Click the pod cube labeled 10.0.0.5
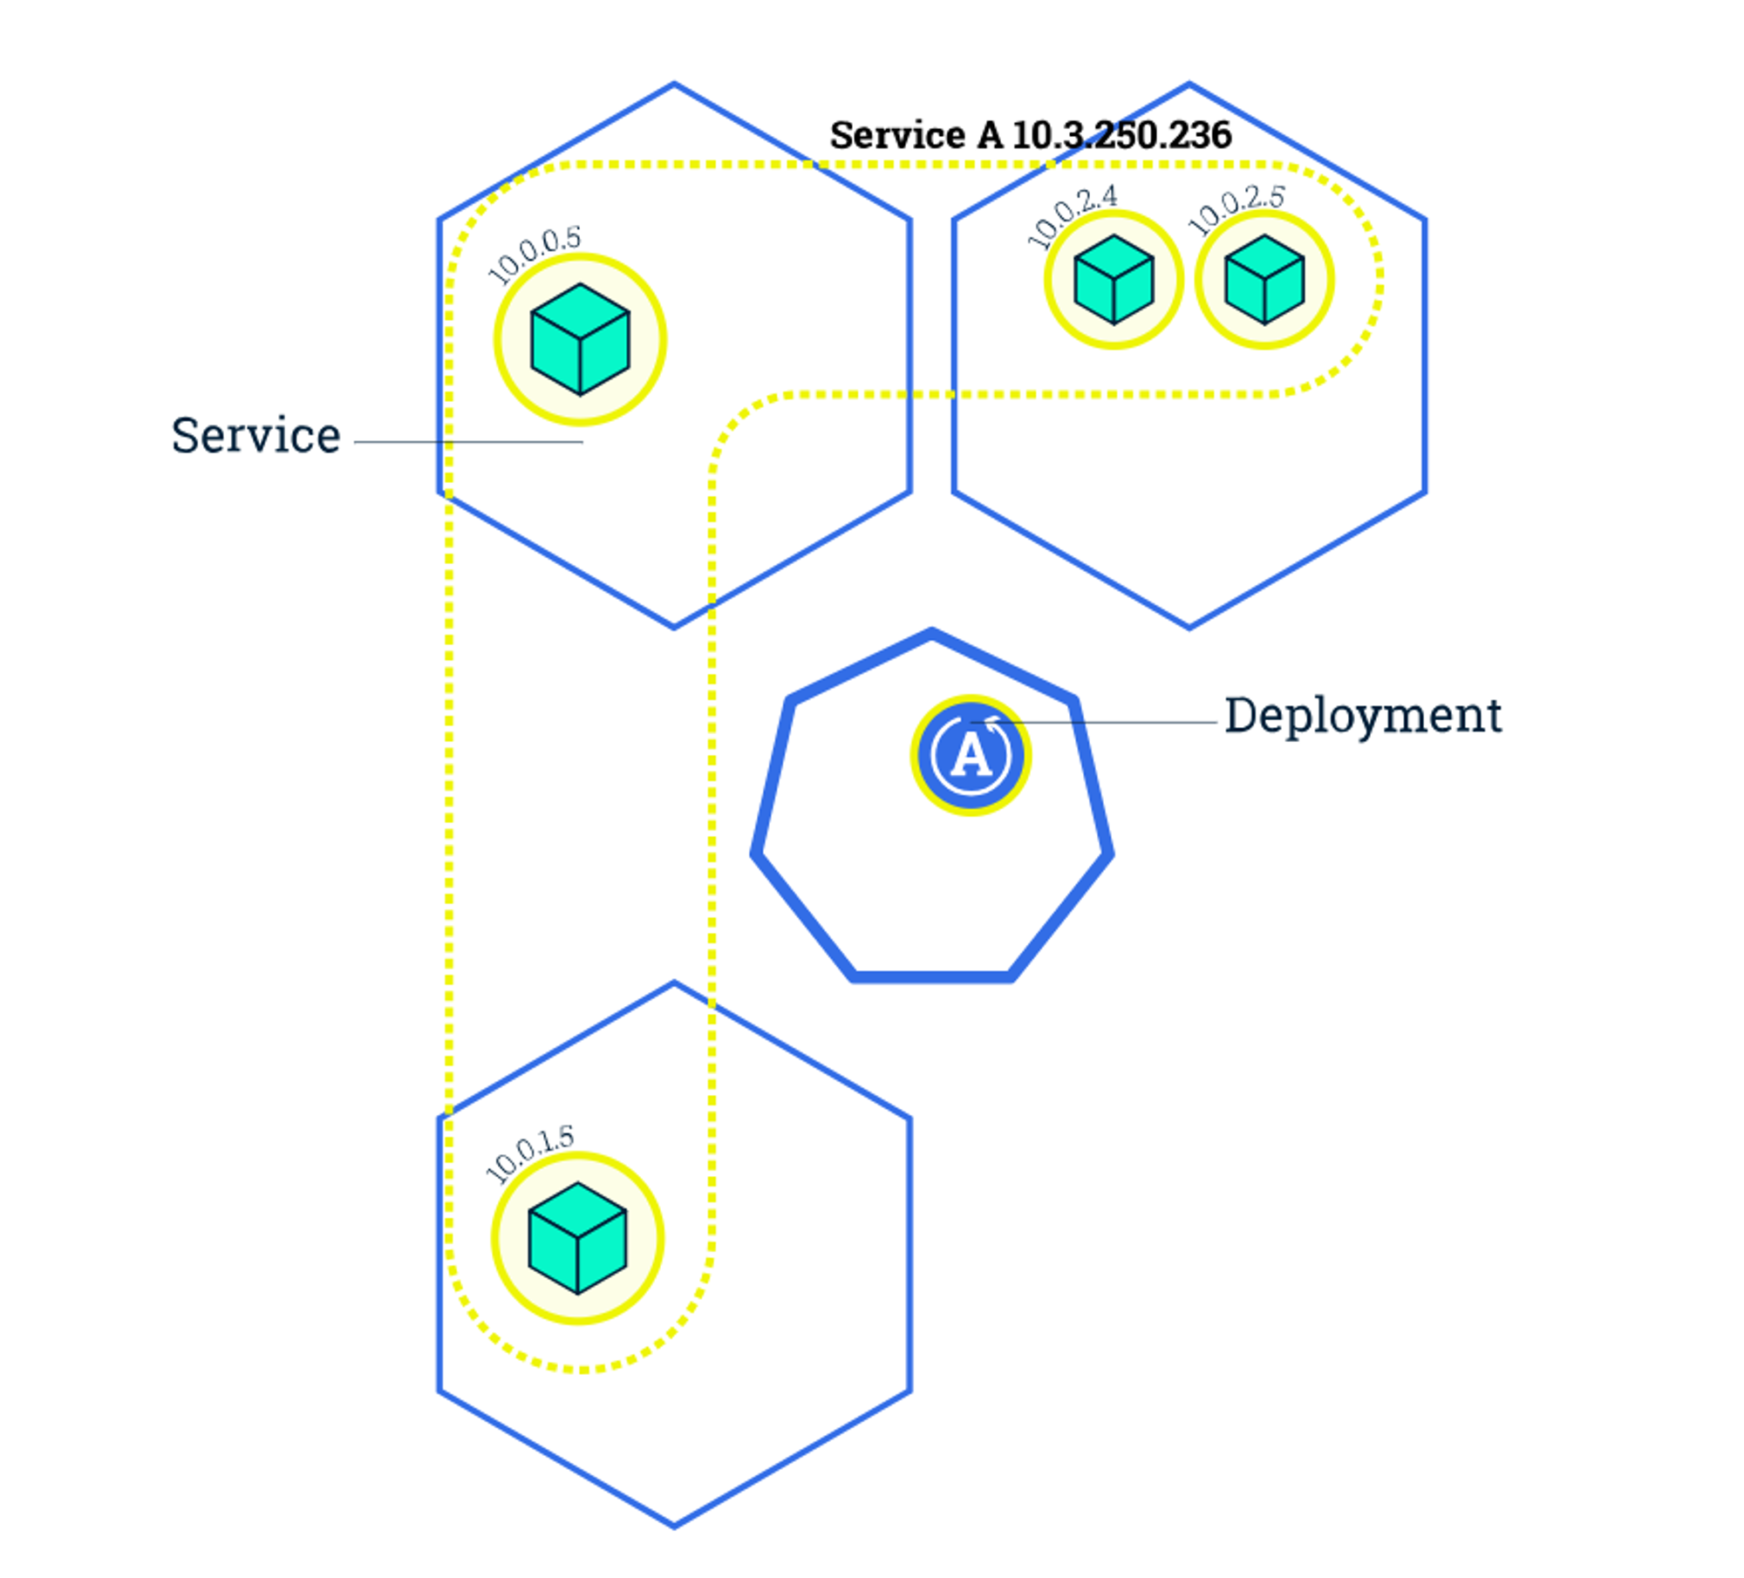(x=580, y=339)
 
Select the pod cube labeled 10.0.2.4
(x=1114, y=280)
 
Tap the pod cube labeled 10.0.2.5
(x=1264, y=280)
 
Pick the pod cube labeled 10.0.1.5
(x=577, y=1238)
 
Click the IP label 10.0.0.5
(x=534, y=255)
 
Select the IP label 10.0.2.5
(x=1236, y=210)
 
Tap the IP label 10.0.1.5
(x=529, y=1153)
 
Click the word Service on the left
(x=255, y=436)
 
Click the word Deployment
(x=1363, y=717)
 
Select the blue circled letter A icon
(x=971, y=755)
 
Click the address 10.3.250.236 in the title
(x=1121, y=135)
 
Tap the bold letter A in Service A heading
(x=990, y=135)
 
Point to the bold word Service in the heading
(x=897, y=135)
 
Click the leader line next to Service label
(x=468, y=442)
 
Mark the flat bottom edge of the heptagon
(x=932, y=976)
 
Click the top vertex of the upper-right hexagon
(x=1189, y=85)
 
